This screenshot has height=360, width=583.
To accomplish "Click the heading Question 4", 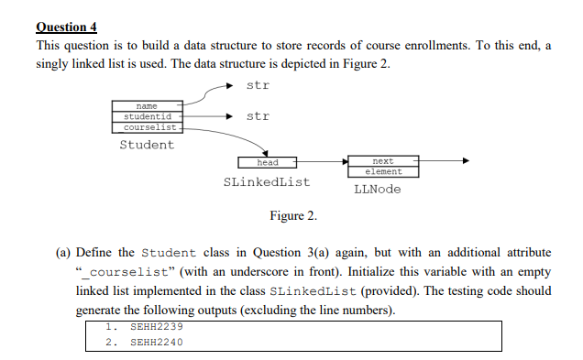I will tap(67, 27).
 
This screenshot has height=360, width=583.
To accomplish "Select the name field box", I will tap(148, 107).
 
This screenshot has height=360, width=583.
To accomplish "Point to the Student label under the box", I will tap(147, 145).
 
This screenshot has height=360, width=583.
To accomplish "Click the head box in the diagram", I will tap(267, 162).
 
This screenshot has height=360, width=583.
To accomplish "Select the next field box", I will tap(382, 161).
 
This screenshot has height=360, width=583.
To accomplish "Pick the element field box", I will tap(382, 171).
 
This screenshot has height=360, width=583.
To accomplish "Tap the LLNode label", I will tap(377, 190).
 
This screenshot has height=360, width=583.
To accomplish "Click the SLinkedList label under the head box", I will tap(267, 182).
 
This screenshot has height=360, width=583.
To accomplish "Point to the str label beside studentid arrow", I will tap(258, 116).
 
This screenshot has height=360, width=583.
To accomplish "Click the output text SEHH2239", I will tap(157, 326).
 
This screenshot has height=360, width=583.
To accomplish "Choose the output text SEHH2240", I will tap(157, 342).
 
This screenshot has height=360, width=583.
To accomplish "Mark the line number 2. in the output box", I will tap(111, 342).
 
